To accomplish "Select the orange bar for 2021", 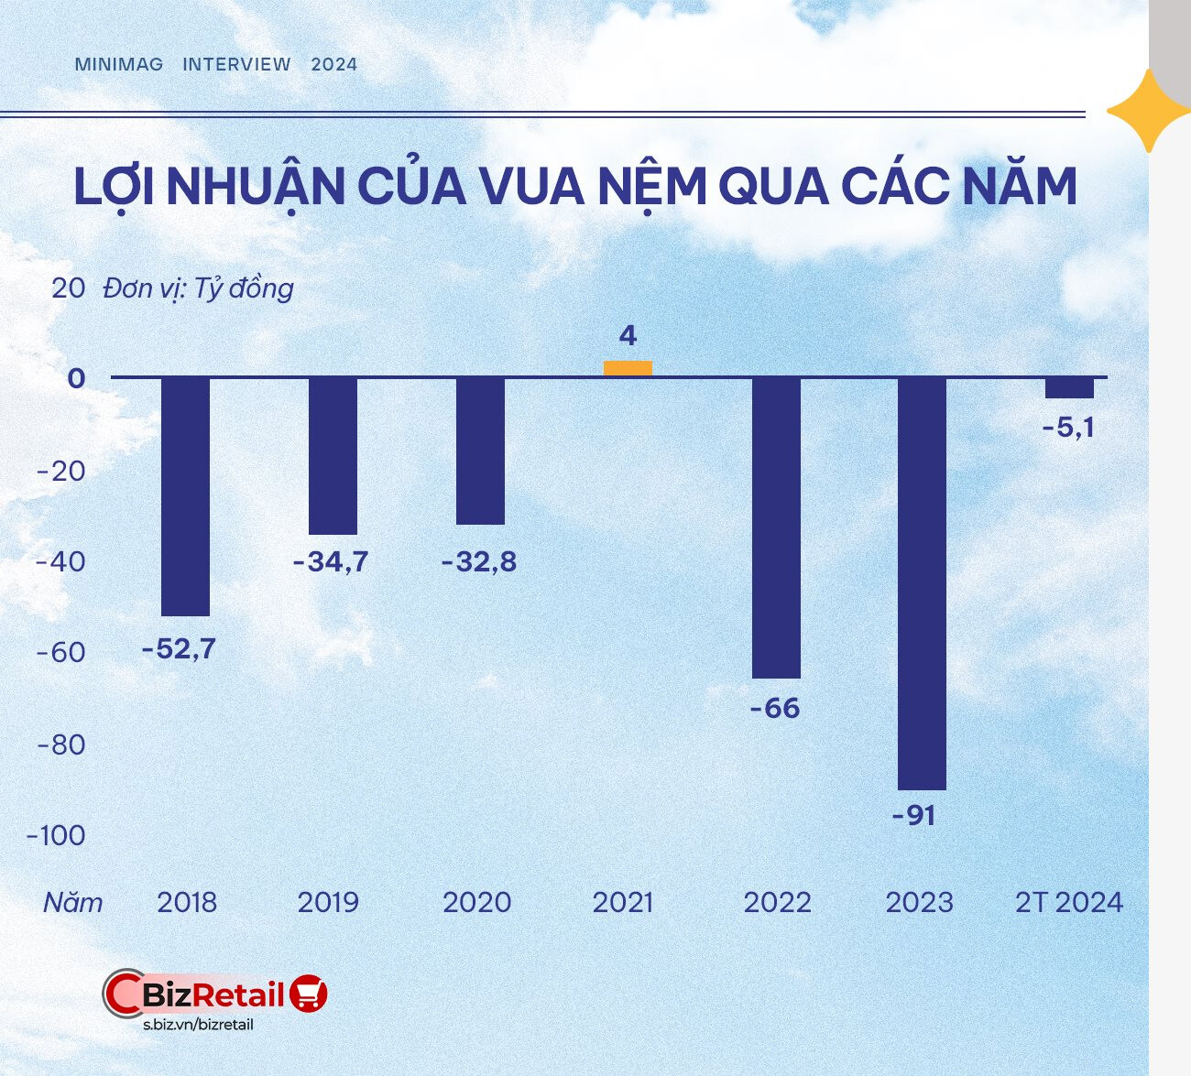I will tap(628, 368).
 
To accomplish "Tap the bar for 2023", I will tap(922, 583).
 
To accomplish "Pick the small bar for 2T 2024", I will tap(1069, 387).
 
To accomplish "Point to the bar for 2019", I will tap(333, 456).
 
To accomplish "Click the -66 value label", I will tap(775, 708).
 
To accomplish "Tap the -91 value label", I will tap(914, 815).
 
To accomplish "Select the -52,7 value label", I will tap(179, 648).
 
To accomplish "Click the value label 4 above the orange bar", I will tap(628, 336).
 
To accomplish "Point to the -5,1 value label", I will tap(1068, 427).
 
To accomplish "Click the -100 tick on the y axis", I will tap(56, 835).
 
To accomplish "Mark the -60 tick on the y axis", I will tap(60, 653).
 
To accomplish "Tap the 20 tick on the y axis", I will tap(68, 288).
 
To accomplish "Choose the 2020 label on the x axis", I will tap(476, 902).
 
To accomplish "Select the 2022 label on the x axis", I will tap(777, 902).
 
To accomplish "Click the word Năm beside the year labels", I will tap(73, 902).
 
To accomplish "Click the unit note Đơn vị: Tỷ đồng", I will tap(198, 288).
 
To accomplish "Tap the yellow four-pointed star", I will tap(1148, 111).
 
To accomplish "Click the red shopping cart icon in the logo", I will tap(309, 993).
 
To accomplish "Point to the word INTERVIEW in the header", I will tap(236, 64).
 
